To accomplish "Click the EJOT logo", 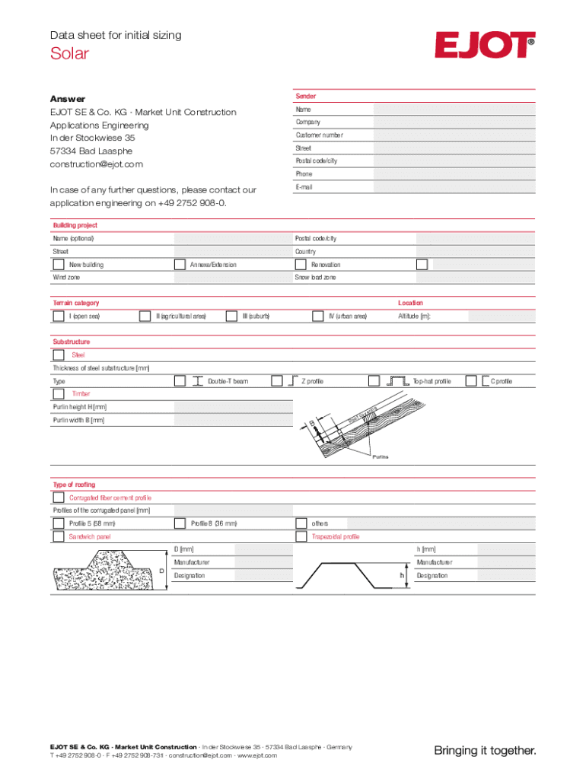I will click(484, 45).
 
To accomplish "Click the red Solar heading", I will click(69, 53).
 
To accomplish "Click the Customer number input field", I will click(454, 135).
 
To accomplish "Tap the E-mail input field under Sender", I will click(454, 187).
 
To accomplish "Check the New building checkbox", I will click(59, 265).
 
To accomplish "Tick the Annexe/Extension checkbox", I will click(180, 265).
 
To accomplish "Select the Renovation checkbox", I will click(301, 265).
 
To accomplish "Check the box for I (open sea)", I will click(59, 316).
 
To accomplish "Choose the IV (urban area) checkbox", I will click(319, 316).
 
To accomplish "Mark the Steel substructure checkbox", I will click(59, 355).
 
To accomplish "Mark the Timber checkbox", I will click(59, 394).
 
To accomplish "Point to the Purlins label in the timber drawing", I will click(380, 457).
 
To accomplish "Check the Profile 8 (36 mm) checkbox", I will click(180, 523).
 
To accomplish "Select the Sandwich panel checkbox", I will click(59, 536).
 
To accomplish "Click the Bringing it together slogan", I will click(485, 751).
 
